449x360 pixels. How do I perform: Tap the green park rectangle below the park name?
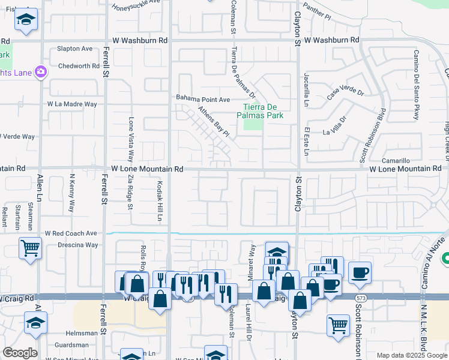pos(254,124)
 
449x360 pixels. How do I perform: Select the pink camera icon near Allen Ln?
pos(41,72)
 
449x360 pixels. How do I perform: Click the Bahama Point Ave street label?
pos(203,99)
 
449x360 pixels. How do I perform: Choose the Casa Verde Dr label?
pos(345,93)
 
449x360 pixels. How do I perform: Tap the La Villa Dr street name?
pos(336,126)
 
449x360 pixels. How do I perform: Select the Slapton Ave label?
pos(75,49)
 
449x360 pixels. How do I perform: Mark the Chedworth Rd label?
pos(79,66)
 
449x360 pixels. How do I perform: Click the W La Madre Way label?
pos(72,104)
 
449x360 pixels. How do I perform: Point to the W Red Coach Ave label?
pos(71,233)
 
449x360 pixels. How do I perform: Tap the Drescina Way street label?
pos(78,245)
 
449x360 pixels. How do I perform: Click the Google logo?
pos(20,353)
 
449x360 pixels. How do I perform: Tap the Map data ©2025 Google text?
pos(411,355)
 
